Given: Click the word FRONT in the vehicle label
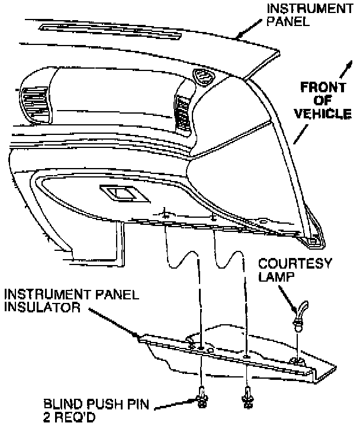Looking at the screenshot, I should (x=322, y=88).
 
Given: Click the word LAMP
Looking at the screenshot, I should (x=277, y=276).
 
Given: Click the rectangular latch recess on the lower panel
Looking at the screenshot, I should (x=120, y=192).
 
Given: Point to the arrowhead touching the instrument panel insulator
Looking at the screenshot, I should (x=139, y=338).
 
